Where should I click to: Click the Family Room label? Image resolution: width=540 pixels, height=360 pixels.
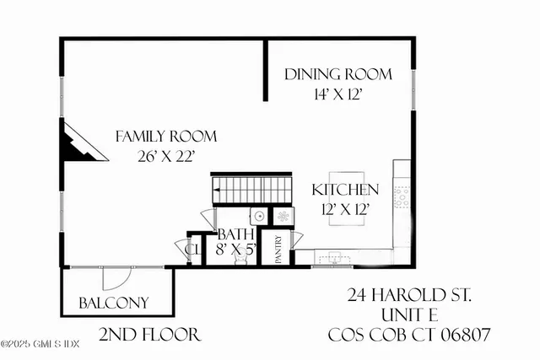pyautogui.click(x=166, y=136)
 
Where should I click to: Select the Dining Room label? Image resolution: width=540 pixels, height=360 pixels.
pyautogui.click(x=337, y=74)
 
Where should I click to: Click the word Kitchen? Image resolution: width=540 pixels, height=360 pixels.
pyautogui.click(x=345, y=190)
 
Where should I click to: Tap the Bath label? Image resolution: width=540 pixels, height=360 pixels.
pyautogui.click(x=231, y=234)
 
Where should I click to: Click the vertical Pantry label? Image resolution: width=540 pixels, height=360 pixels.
pyautogui.click(x=278, y=249)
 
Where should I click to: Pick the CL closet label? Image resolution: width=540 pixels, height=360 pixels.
pyautogui.click(x=192, y=250)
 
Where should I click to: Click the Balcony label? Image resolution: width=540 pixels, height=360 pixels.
pyautogui.click(x=114, y=302)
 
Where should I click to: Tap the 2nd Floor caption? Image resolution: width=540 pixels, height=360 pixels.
pyautogui.click(x=149, y=335)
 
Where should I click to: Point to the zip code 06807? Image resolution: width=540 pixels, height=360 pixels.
pyautogui.click(x=462, y=335)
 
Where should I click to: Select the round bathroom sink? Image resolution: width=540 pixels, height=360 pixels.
pyautogui.click(x=261, y=216)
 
